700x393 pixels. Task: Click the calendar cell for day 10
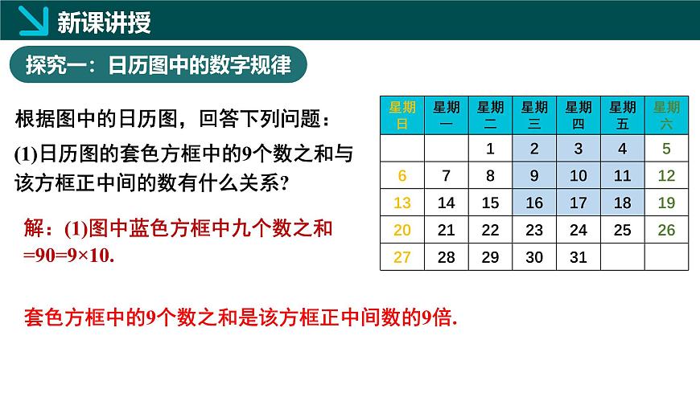579,176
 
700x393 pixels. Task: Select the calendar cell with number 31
579,257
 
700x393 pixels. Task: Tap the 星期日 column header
402,115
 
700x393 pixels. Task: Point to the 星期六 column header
666,115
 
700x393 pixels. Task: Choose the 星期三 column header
534,115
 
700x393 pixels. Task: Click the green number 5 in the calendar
666,149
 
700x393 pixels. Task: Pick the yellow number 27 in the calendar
402,257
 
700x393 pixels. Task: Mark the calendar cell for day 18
622,203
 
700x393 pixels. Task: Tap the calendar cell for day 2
534,149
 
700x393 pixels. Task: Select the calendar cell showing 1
490,149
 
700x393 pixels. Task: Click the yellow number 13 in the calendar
402,203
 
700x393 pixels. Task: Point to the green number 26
666,230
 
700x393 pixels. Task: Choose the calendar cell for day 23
534,230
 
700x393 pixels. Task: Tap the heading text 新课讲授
105,23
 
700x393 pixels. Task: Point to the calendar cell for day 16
534,203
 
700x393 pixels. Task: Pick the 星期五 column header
622,115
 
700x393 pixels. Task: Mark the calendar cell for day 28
446,257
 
